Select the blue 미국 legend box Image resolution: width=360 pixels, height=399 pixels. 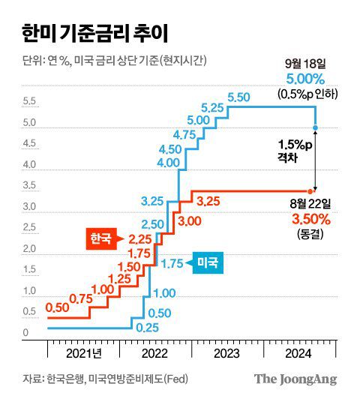(x=208, y=262)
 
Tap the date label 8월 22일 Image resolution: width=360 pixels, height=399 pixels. (x=307, y=202)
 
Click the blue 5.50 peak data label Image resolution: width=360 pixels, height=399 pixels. (x=238, y=97)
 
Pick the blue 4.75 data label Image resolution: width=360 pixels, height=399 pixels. (x=184, y=134)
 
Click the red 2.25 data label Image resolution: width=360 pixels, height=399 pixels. (x=140, y=238)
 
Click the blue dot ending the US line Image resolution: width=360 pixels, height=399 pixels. (x=316, y=127)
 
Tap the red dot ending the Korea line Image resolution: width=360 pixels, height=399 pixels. (x=316, y=190)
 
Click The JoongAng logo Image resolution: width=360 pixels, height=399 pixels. (x=295, y=379)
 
